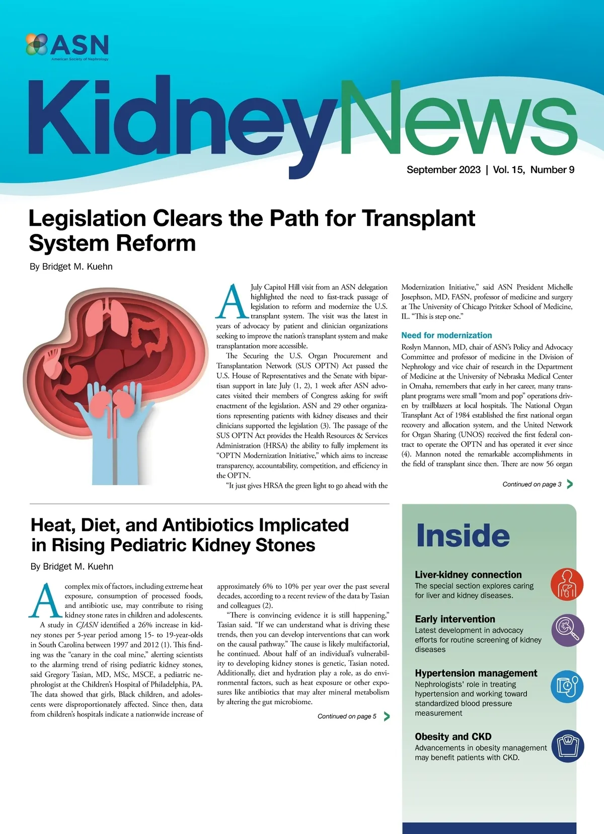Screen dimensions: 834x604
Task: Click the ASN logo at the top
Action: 67,47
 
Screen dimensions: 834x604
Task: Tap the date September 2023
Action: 443,170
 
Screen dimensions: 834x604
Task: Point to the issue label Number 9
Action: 552,170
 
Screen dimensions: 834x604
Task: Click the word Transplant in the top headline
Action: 418,218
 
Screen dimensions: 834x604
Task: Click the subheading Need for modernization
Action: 446,335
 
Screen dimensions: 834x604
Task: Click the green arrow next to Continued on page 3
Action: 570,484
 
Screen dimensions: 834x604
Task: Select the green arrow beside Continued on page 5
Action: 387,716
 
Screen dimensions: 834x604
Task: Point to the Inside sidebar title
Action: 463,536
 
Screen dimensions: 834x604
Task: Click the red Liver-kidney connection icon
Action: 567,585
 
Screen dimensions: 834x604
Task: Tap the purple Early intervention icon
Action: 567,630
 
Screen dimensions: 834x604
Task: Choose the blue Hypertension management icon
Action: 567,687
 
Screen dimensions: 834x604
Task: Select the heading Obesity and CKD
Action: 453,737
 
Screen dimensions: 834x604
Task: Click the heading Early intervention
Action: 455,619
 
